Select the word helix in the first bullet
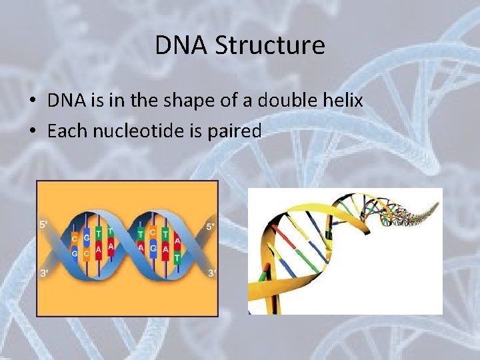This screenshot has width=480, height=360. pos(341,101)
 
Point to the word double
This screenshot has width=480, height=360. pos(286,101)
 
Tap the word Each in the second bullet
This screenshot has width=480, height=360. pos(67,131)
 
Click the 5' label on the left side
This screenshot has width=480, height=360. pos(44,225)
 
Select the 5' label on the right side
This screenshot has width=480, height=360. pos(211,226)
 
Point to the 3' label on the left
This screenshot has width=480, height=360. pos(44,273)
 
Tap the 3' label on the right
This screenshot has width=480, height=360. pos(211,273)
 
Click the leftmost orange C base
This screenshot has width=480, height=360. pos(74,238)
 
